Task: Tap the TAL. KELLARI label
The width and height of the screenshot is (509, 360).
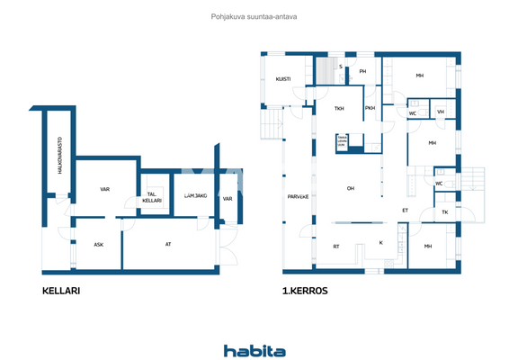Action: pos(151,198)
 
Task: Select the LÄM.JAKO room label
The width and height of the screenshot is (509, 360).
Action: pos(195,195)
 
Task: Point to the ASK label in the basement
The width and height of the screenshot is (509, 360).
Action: pos(99,244)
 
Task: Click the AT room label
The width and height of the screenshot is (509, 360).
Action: pos(168,244)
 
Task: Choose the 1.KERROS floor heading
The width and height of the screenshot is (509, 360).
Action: pos(304,292)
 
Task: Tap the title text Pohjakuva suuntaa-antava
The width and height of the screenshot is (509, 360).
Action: pos(254,15)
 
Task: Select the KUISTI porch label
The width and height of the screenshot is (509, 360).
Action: pos(282,77)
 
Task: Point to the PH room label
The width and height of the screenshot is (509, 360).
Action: pos(362,71)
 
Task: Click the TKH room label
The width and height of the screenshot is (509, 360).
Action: pos(339,109)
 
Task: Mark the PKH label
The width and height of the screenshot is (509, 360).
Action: pos(370,109)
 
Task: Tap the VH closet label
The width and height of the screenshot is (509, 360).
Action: pos(440,112)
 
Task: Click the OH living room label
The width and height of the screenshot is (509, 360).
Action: pos(351,188)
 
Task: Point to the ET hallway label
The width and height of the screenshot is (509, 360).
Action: pos(405,211)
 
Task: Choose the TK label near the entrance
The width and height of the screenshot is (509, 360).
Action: pos(444,212)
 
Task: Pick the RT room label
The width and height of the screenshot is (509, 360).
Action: pos(336,246)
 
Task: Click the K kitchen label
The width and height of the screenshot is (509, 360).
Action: pos(380,242)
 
